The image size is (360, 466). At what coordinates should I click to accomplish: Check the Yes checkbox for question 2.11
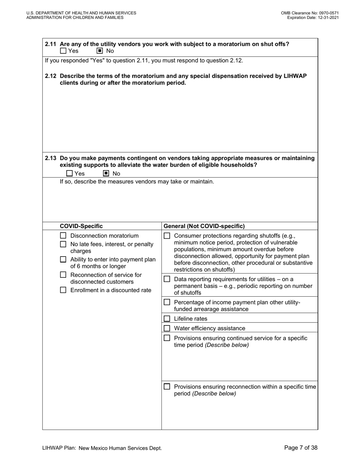coord(63,51)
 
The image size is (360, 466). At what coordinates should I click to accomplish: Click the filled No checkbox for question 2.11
coord(100,51)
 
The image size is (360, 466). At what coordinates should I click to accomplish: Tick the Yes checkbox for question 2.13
coord(69,174)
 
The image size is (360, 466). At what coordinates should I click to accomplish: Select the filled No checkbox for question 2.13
coord(106,174)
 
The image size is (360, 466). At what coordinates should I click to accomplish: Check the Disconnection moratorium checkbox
coord(63,236)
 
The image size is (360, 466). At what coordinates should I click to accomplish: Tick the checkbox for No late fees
coord(63,244)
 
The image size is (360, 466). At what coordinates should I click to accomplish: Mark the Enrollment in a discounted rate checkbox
coord(63,290)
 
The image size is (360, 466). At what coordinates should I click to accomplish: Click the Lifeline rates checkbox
coord(167,319)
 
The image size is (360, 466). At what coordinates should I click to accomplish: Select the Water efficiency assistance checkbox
coord(167,328)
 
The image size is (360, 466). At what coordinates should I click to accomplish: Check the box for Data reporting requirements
coord(167,279)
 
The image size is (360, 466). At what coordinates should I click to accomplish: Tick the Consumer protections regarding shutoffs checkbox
coord(167,236)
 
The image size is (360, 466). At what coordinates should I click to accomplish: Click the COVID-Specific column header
coord(81,226)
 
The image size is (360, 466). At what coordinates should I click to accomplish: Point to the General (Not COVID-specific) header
coord(204,226)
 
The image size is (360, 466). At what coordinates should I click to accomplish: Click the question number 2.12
coord(51,76)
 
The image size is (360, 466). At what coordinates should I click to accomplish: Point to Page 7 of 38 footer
coord(301,448)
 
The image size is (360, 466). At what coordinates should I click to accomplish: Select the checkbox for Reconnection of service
coord(63,275)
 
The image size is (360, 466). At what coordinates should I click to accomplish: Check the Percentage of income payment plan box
coord(167,302)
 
